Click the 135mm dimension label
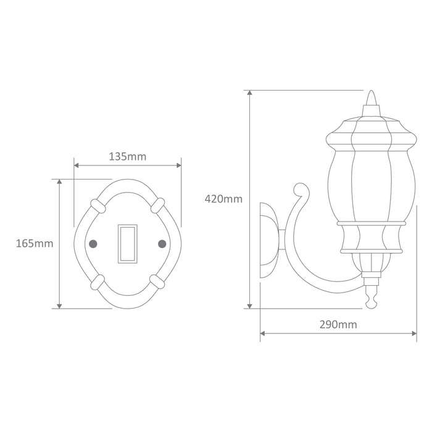128,157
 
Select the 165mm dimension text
35,244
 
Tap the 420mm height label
223,199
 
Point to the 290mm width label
338,325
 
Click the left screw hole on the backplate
93,244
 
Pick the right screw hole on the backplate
162,244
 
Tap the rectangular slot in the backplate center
128,244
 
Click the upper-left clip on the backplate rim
98,206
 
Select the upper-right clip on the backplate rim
158,206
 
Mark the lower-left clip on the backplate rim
98,282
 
